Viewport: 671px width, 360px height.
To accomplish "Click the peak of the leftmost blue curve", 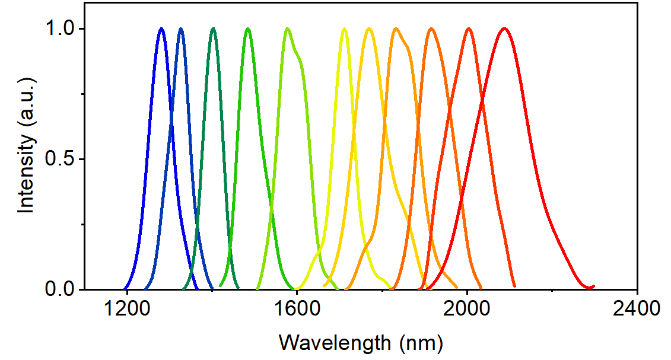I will coord(161,28).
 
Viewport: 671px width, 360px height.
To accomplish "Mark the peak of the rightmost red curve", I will coord(504,28).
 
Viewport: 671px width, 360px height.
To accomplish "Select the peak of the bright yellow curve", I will coord(344,28).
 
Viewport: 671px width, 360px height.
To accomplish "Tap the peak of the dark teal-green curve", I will coord(213,28).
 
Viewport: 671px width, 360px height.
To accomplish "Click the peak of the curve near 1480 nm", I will coord(249,28).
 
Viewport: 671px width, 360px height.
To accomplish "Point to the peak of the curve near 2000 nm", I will coord(469,28).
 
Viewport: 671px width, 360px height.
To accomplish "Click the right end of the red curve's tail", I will coord(593,286).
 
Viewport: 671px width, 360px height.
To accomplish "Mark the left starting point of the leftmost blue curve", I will coord(125,288).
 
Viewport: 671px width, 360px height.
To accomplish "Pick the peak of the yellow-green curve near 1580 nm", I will coord(287,28).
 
